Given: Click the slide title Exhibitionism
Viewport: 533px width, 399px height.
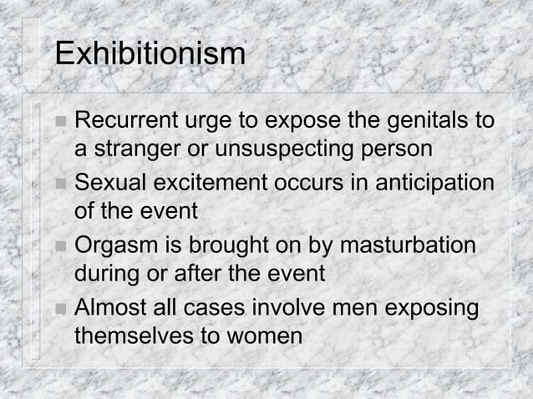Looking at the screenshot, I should [x=150, y=55].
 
